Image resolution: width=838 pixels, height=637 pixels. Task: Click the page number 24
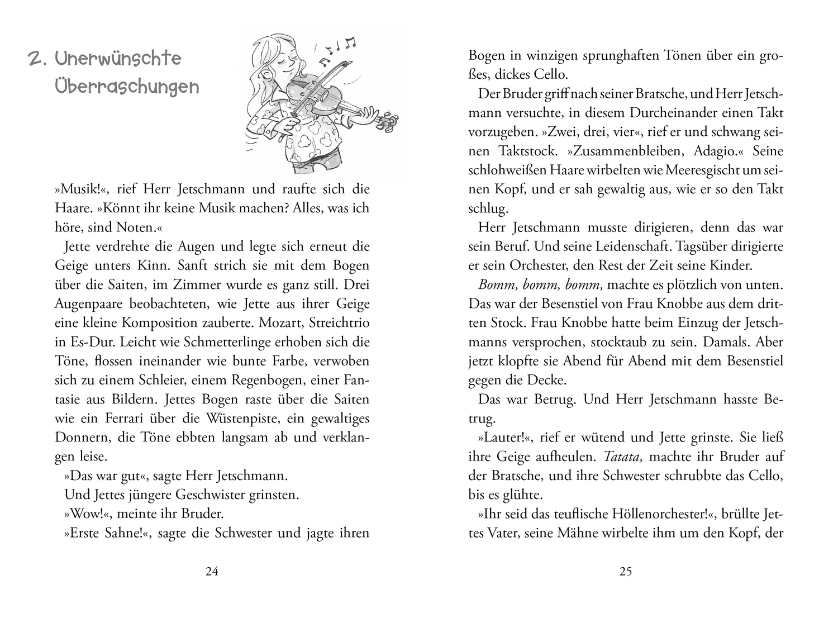(212, 571)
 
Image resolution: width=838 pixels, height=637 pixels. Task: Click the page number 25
(625, 571)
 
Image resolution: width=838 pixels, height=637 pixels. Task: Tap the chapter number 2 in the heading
(37, 59)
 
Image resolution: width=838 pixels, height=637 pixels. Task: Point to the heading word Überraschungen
(127, 88)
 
